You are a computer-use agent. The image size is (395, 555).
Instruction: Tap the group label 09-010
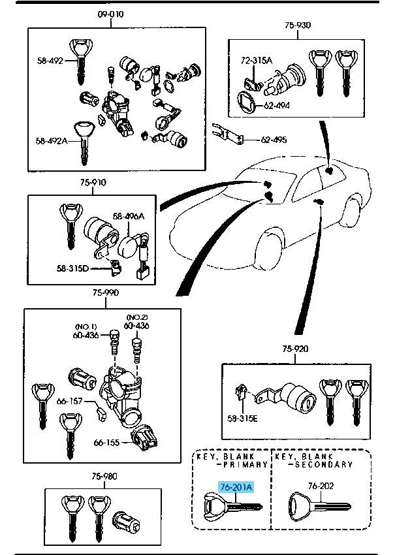pos(110,14)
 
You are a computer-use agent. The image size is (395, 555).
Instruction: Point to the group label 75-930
pos(297,25)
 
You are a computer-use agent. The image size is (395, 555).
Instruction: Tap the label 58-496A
pos(128,216)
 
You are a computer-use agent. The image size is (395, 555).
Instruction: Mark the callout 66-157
pos(69,401)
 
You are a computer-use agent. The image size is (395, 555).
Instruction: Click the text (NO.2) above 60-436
pos(136,316)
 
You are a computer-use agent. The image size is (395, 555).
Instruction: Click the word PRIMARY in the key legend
pos(245,465)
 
